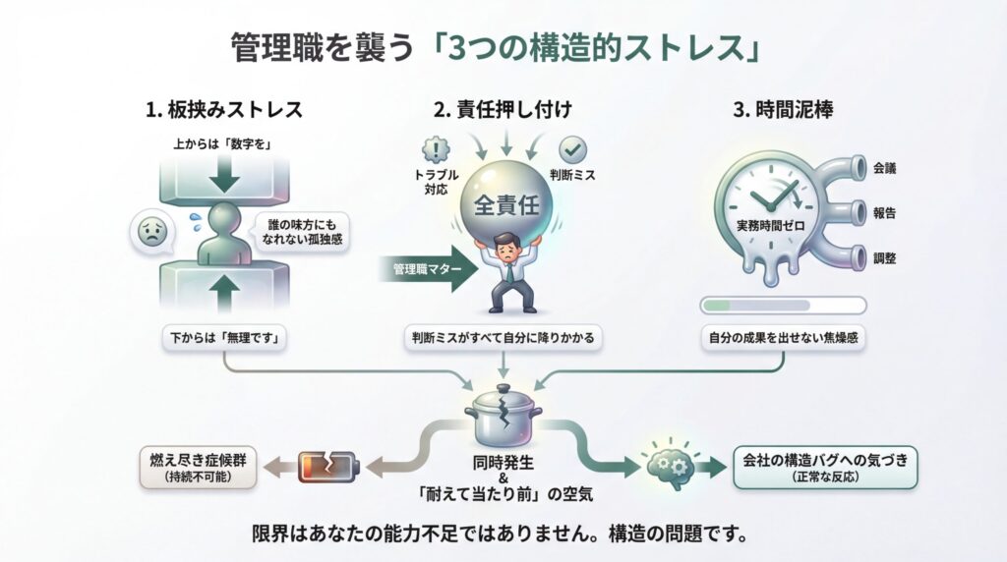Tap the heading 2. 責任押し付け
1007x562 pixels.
click(x=504, y=110)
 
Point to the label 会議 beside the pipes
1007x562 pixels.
click(x=884, y=168)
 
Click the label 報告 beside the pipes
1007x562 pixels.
click(x=884, y=212)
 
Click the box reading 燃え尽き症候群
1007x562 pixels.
click(x=197, y=465)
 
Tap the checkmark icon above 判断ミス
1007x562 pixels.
click(x=573, y=150)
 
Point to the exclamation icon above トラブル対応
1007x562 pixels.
click(x=434, y=150)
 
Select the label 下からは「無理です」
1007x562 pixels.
click(x=224, y=338)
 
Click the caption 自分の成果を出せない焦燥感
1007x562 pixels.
click(x=782, y=338)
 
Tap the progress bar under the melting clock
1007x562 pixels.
click(x=782, y=305)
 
